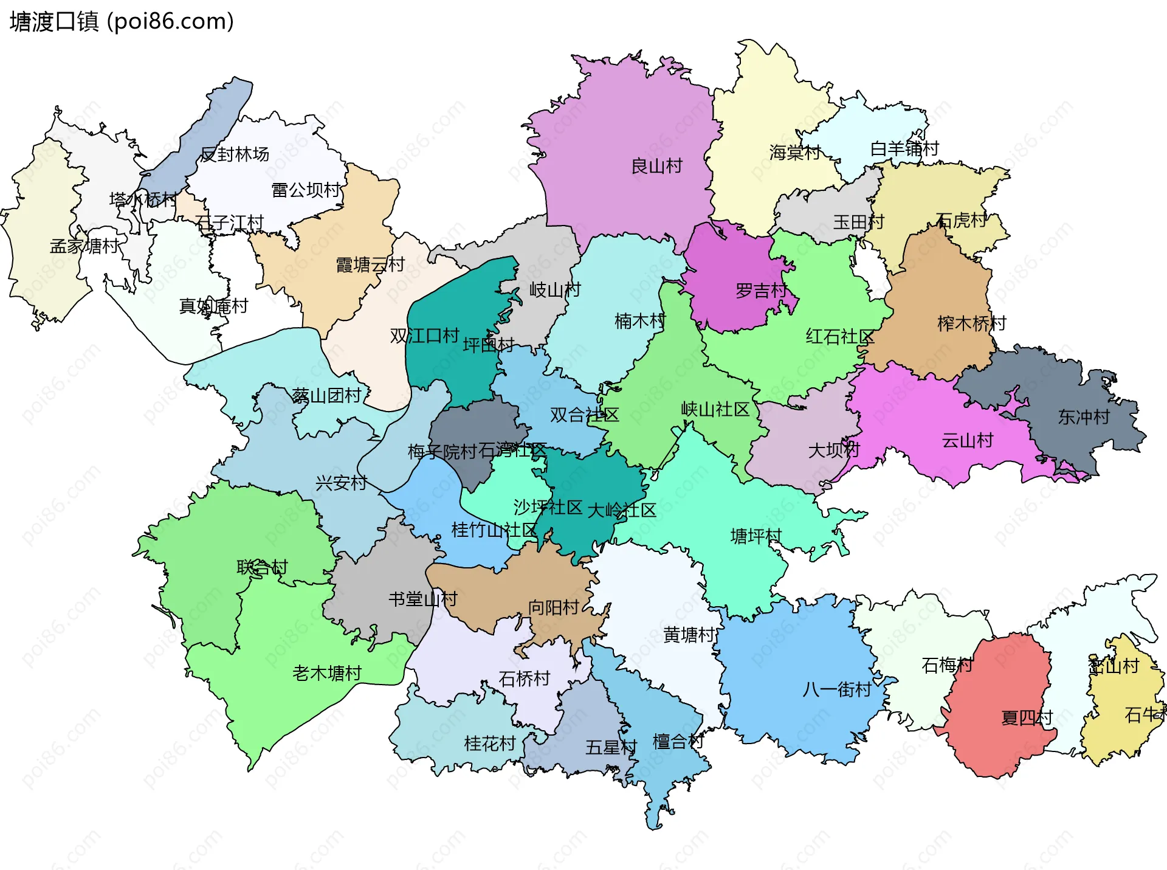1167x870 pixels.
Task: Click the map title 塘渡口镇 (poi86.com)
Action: point(122,22)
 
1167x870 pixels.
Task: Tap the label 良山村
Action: point(656,166)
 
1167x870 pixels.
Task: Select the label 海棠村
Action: point(794,152)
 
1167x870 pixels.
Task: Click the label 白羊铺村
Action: point(904,148)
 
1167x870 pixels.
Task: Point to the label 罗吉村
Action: point(761,291)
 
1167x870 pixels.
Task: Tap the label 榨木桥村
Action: point(971,323)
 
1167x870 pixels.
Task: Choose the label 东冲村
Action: point(1084,417)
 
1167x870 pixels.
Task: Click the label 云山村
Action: point(967,440)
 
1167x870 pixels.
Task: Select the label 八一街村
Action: point(837,689)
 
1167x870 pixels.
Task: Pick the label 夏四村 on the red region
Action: point(1027,718)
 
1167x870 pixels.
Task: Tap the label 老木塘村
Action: point(327,673)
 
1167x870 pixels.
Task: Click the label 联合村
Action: point(262,567)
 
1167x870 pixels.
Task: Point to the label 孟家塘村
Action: point(84,246)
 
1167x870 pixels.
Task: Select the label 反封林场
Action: point(235,154)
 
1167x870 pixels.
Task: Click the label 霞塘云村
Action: point(370,264)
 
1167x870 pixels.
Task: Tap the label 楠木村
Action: point(640,321)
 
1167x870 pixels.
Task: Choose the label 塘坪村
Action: point(756,536)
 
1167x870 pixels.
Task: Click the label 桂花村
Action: point(490,743)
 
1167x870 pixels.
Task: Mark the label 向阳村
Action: point(553,607)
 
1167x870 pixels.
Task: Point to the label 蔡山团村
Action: point(326,396)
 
